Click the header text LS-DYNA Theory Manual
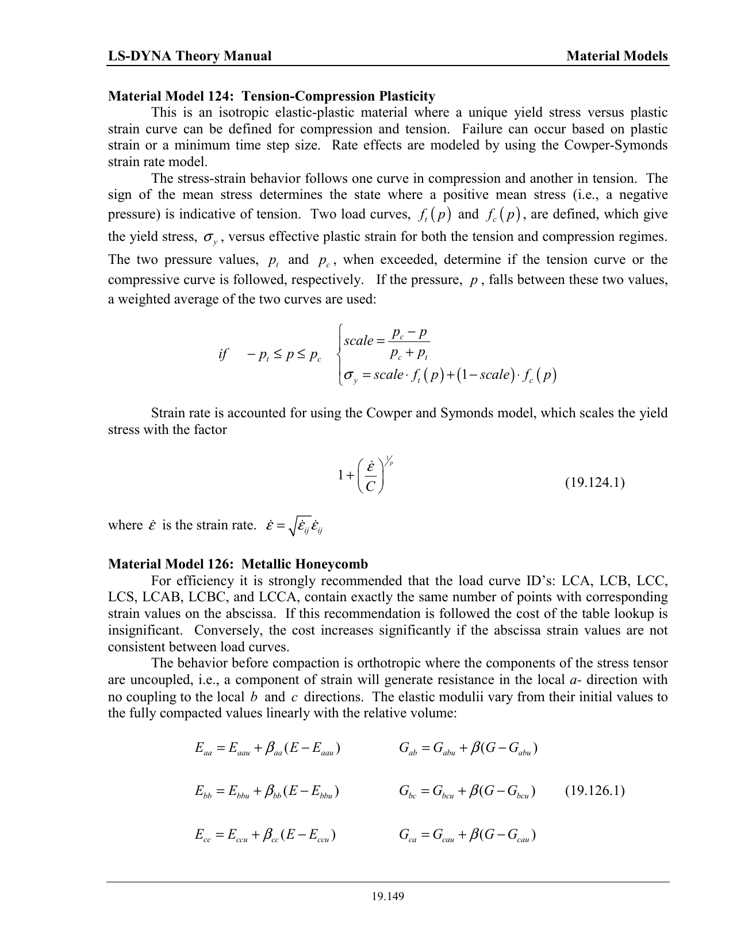point(190,56)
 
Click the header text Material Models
point(617,56)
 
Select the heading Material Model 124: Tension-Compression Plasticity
point(271,96)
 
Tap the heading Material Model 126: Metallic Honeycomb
point(238,564)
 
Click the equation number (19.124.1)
point(594,482)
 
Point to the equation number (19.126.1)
point(594,790)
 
